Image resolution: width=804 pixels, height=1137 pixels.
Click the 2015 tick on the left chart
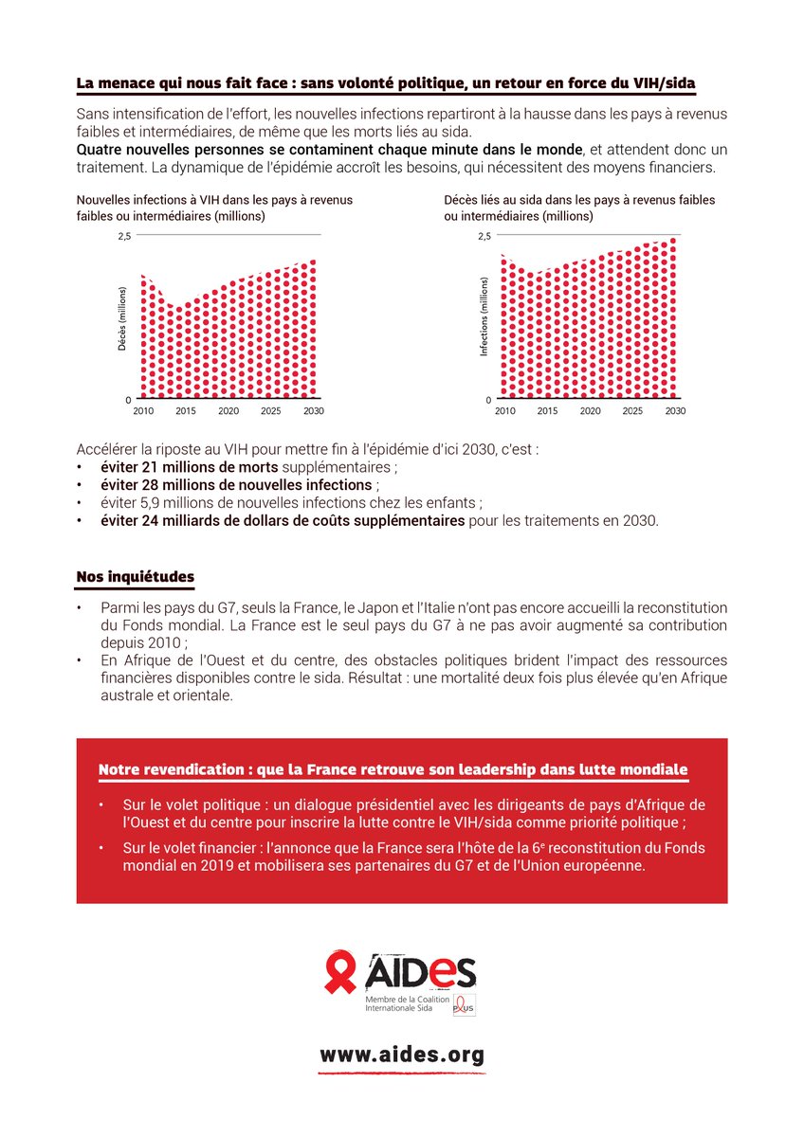coord(185,411)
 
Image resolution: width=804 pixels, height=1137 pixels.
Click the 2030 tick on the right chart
coord(675,411)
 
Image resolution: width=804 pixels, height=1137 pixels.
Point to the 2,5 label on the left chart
coord(124,235)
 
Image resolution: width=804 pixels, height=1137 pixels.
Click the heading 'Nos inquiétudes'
coord(136,577)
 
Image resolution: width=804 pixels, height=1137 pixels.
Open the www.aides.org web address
coord(402,1055)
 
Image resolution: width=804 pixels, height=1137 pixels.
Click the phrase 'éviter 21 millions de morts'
coord(190,468)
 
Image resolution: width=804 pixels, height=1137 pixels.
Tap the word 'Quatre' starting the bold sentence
coord(100,150)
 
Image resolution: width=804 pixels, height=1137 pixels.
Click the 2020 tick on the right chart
coord(590,411)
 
